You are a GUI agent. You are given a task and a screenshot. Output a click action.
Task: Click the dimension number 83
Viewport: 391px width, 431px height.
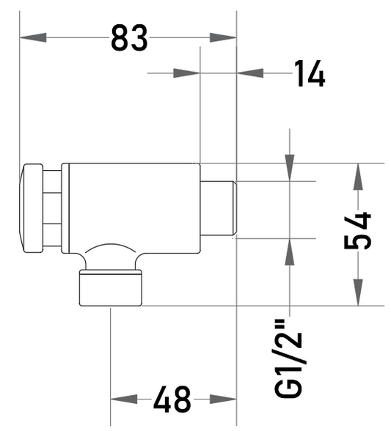coord(129,37)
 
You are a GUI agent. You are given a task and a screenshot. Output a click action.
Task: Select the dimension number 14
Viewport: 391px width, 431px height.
coord(310,73)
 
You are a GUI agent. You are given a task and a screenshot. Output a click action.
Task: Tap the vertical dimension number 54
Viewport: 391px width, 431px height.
coord(357,230)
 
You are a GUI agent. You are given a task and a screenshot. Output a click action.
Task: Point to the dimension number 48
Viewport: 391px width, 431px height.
coord(172,399)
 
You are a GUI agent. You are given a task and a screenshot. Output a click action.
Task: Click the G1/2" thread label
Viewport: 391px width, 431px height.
coord(288,358)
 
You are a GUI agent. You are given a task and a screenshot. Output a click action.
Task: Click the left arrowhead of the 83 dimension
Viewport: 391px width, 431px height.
coord(33,37)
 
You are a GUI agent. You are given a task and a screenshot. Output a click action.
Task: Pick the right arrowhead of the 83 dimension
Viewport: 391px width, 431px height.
coord(223,37)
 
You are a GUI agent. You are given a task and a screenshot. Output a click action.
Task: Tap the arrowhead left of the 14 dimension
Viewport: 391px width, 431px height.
coord(186,73)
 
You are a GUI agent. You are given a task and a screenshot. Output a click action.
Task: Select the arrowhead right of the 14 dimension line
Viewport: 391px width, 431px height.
coord(250,73)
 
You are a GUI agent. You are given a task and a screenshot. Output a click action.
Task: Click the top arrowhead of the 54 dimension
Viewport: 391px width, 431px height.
coord(358,177)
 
